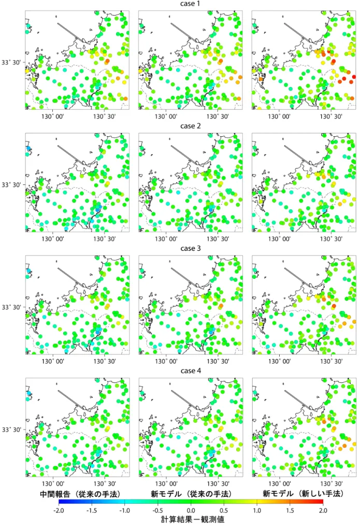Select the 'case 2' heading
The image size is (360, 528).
[x=190, y=126]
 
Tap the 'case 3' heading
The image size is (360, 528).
[x=190, y=249]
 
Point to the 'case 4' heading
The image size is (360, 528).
[x=190, y=371]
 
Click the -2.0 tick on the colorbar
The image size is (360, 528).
[x=59, y=510]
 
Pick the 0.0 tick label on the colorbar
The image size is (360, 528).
[x=191, y=510]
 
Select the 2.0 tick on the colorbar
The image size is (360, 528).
[x=323, y=510]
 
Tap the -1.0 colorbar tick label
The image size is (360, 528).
[x=125, y=510]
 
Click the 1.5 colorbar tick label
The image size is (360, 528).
[x=290, y=510]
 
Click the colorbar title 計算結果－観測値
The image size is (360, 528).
[x=192, y=520]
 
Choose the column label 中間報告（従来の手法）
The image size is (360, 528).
[x=80, y=494]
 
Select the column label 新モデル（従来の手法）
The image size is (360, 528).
[x=191, y=494]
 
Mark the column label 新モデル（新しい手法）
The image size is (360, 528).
[x=303, y=494]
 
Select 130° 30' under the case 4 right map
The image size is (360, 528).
[x=331, y=484]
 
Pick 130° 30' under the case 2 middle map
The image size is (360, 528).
[x=218, y=239]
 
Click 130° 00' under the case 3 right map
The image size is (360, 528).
[x=279, y=361]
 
